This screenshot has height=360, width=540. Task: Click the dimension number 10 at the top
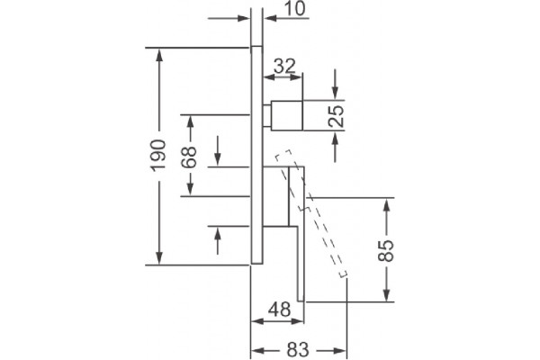tap(295, 8)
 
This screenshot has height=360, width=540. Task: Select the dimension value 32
tap(284, 66)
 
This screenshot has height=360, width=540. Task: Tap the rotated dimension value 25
tap(336, 116)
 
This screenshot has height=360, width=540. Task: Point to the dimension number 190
tap(158, 156)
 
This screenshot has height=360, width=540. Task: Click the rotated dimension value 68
tap(189, 157)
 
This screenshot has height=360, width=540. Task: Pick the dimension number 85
tap(385, 251)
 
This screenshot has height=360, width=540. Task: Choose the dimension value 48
tap(279, 309)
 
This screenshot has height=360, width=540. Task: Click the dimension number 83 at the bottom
tap(298, 350)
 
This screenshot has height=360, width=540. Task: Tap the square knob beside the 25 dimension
tap(287, 115)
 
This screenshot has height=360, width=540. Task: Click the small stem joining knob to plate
tap(267, 115)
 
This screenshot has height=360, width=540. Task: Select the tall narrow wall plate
tap(256, 155)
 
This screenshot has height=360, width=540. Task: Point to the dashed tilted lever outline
tap(311, 213)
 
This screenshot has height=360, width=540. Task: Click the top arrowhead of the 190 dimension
tap(158, 54)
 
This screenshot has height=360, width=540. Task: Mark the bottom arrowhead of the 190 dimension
tap(158, 258)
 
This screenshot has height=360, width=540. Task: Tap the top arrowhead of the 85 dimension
tap(387, 205)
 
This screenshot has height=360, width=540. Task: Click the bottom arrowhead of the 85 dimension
tap(387, 295)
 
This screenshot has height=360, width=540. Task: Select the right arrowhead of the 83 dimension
tap(339, 351)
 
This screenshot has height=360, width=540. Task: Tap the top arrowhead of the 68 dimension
tap(190, 121)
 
